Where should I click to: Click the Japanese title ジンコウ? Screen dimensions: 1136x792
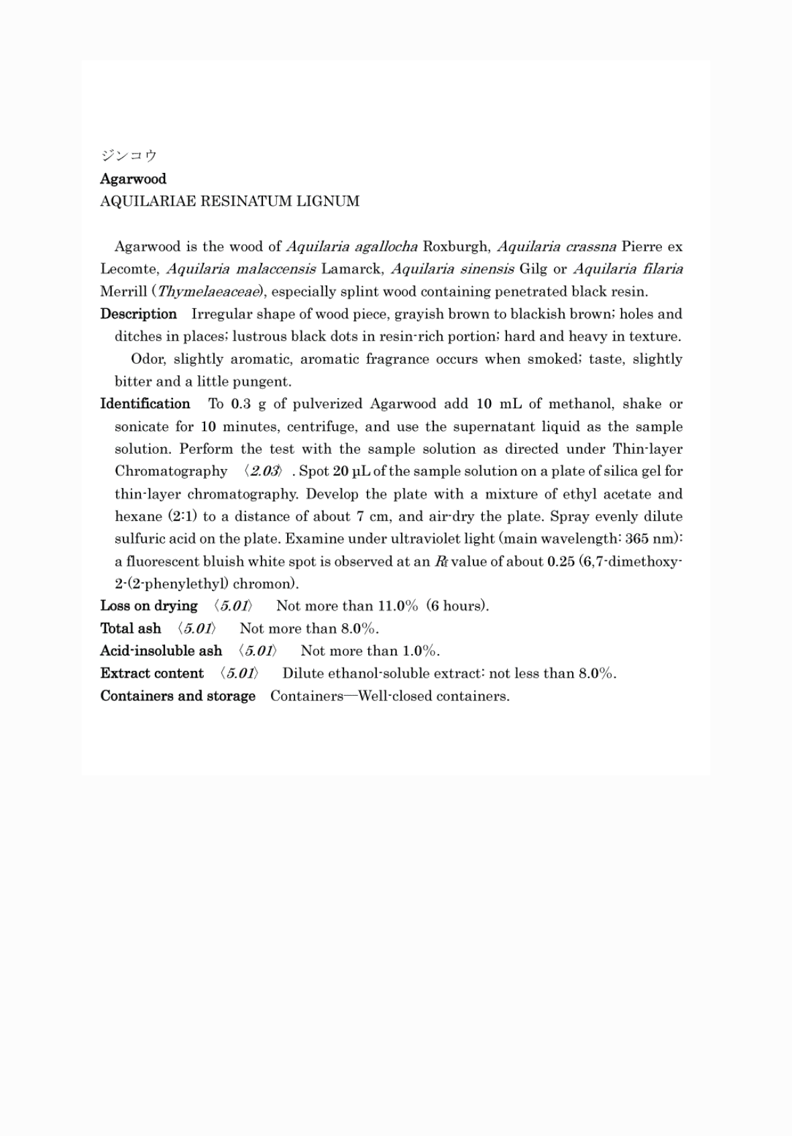pos(128,156)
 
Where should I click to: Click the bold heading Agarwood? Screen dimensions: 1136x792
pos(133,179)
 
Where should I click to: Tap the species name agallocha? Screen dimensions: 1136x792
pos(386,246)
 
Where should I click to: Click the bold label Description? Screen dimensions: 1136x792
pos(138,314)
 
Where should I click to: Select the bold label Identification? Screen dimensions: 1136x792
pos(145,404)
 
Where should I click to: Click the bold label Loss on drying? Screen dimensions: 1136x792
pos(149,606)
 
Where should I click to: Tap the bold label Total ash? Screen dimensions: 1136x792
pos(131,629)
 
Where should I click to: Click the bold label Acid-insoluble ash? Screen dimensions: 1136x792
pos(161,651)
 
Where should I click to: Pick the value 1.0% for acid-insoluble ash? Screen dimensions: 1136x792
pos(420,651)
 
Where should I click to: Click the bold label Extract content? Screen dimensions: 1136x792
pos(152,674)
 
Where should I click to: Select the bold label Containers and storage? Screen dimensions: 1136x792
pos(178,696)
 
